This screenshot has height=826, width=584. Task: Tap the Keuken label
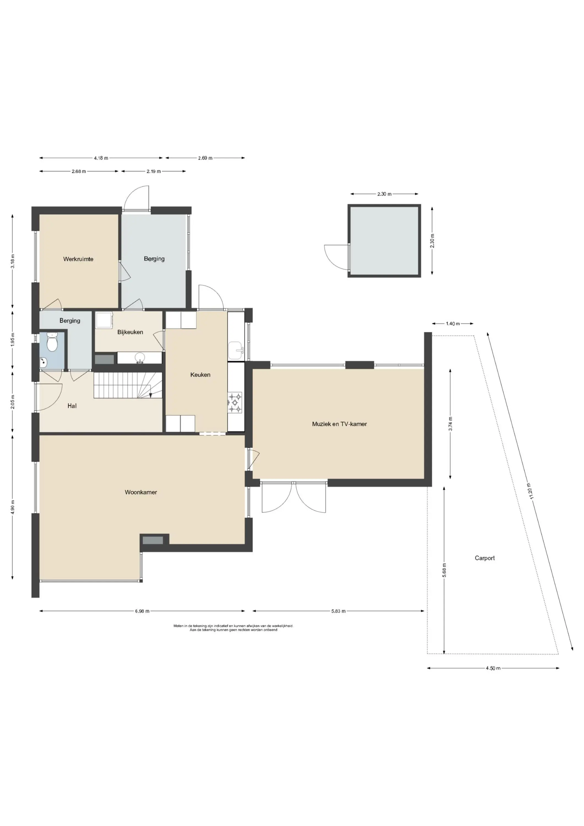tap(200, 374)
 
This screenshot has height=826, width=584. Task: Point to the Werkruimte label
tap(78, 259)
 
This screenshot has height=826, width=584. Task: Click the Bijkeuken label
tap(130, 332)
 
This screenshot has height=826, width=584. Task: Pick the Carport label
tap(485, 558)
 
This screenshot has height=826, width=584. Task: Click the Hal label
tap(72, 406)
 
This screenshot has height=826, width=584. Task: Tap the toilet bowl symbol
tap(53, 343)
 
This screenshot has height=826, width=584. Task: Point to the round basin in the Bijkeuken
tap(140, 358)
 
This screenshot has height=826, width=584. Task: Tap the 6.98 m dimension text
tap(142, 611)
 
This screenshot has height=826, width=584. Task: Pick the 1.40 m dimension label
tap(453, 324)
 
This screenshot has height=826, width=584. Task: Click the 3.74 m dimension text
tap(450, 423)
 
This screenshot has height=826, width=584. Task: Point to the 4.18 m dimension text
tap(101, 158)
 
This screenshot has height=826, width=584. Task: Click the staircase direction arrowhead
tap(150, 395)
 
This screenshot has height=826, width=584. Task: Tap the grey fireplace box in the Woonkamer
tap(153, 540)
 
